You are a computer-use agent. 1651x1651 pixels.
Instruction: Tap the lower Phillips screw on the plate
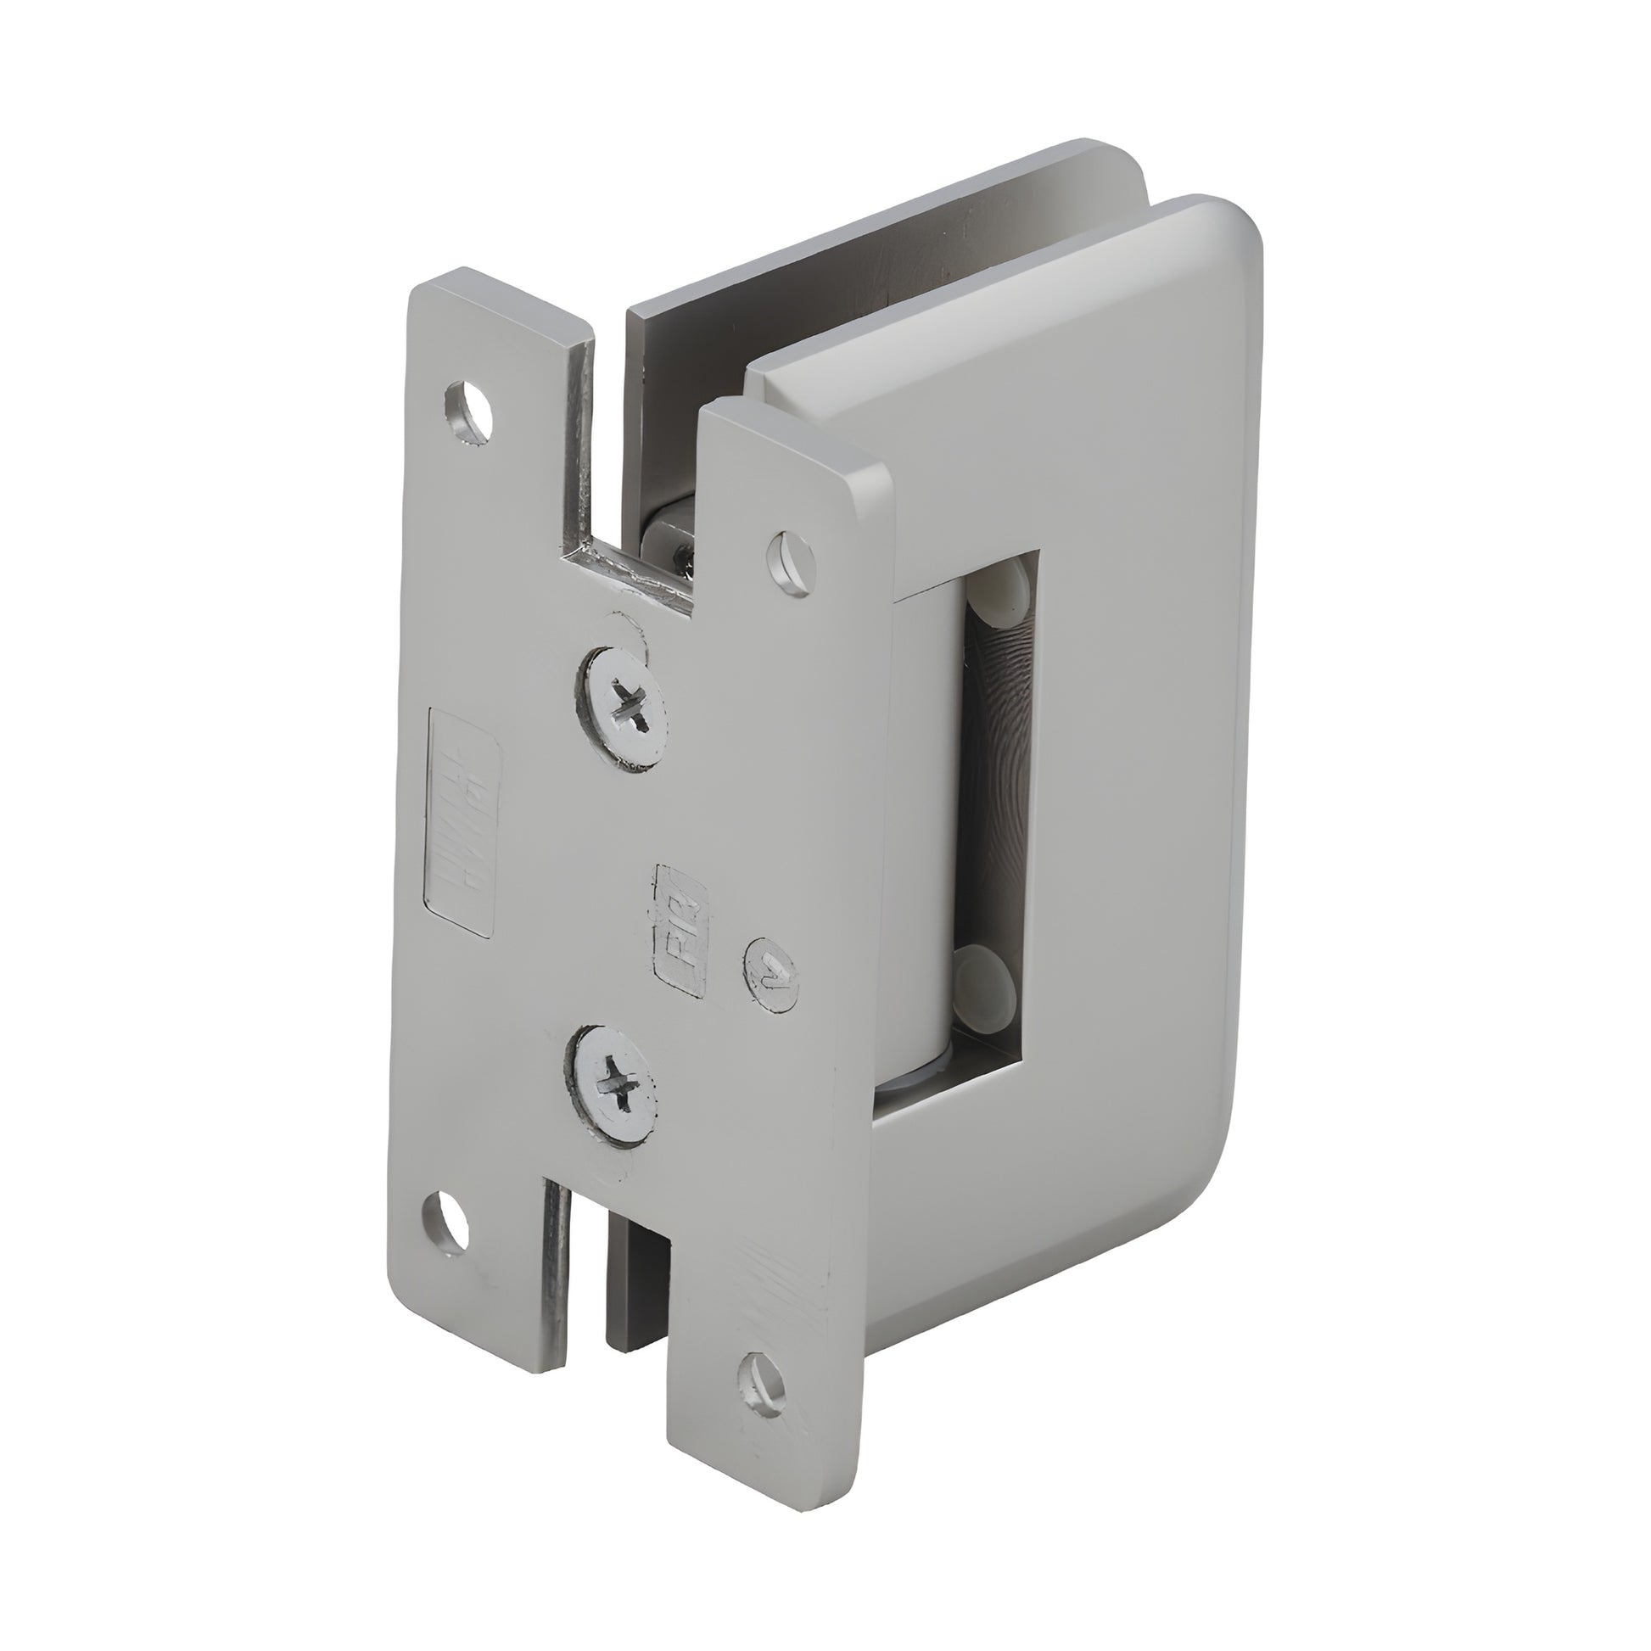617,1086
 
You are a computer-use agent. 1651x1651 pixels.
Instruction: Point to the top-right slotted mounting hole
792,562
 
